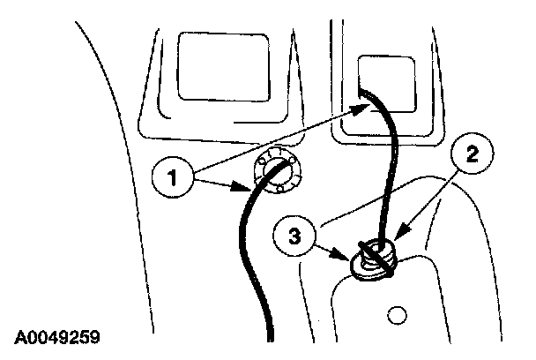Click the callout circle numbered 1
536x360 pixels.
(172, 176)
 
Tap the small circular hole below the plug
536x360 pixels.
(396, 313)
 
